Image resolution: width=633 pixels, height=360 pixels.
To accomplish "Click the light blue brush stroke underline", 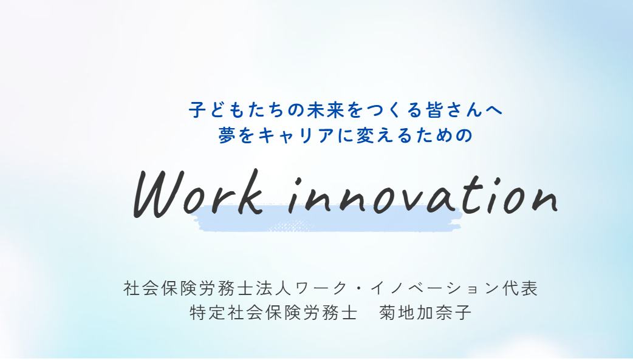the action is [x=330, y=219].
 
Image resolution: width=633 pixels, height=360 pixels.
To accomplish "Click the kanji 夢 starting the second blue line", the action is [x=227, y=135].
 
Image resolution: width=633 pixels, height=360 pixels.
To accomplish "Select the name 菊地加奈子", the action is [x=425, y=313].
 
